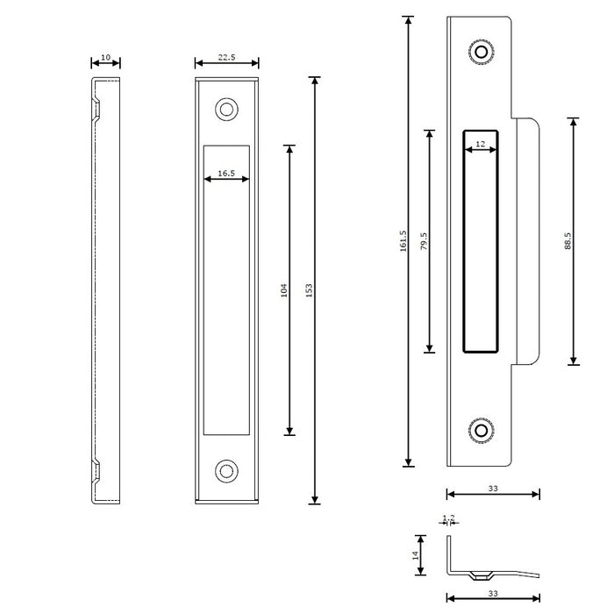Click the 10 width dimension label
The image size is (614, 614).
pyautogui.click(x=106, y=58)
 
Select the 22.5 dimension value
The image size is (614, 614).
pyautogui.click(x=226, y=58)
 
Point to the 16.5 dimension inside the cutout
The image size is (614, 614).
pyautogui.click(x=226, y=174)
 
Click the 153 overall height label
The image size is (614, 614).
pyautogui.click(x=309, y=289)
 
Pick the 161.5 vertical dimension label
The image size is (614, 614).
pyautogui.click(x=403, y=241)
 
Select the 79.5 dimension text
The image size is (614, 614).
pyautogui.click(x=424, y=241)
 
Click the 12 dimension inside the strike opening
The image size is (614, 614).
pyautogui.click(x=480, y=144)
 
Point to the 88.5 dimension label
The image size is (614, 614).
pyautogui.click(x=568, y=241)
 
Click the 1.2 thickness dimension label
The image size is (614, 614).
pyautogui.click(x=449, y=518)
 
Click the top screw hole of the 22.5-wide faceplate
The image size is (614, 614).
pyautogui.click(x=227, y=110)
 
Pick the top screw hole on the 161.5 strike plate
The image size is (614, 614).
pyautogui.click(x=481, y=52)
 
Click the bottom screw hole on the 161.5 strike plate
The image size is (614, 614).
pyautogui.click(x=481, y=431)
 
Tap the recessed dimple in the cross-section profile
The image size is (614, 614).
pyautogui.click(x=479, y=575)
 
